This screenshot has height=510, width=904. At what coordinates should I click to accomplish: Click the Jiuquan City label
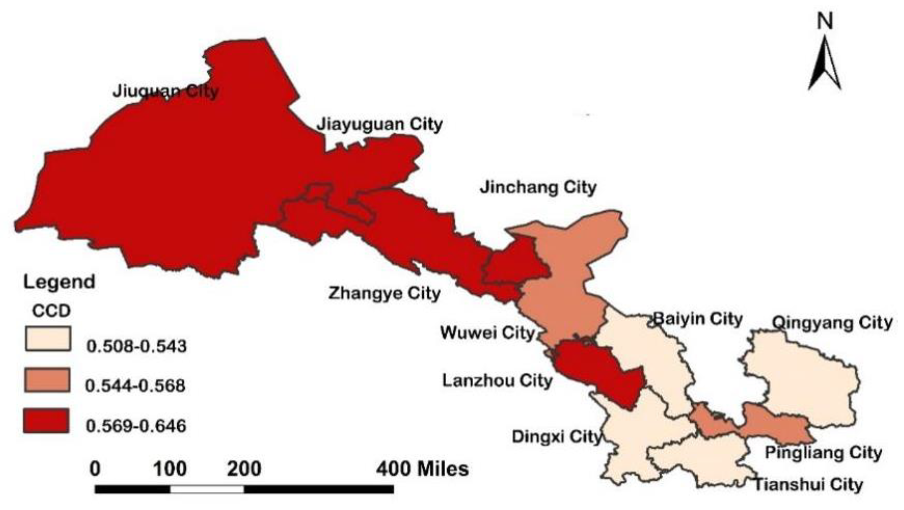click(x=165, y=91)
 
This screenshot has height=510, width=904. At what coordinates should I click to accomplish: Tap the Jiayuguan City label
click(x=379, y=124)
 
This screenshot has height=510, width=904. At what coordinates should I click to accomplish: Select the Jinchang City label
click(x=538, y=187)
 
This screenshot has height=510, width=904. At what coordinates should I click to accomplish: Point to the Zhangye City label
click(x=384, y=293)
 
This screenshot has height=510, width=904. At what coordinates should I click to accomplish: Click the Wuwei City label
click(x=487, y=333)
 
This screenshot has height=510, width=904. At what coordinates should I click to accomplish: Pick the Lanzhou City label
click(x=497, y=381)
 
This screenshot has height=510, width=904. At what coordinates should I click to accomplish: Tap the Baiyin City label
click(x=698, y=319)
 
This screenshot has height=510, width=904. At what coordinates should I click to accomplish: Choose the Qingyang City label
click(x=832, y=323)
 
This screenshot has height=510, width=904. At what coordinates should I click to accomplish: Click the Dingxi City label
click(x=556, y=436)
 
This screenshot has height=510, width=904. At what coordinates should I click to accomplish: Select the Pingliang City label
click(x=823, y=453)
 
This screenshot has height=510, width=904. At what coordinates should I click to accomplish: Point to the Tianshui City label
click(x=809, y=484)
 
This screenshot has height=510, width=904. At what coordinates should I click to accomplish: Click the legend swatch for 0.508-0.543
click(x=47, y=339)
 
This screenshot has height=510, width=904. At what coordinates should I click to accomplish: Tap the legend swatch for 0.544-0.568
click(x=47, y=380)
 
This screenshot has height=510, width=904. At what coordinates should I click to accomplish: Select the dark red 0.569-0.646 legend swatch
click(x=46, y=421)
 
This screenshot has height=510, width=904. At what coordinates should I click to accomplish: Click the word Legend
click(x=59, y=282)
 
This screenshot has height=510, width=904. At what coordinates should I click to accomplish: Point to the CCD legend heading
click(x=52, y=311)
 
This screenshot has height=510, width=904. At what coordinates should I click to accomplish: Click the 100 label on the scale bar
click(x=170, y=469)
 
